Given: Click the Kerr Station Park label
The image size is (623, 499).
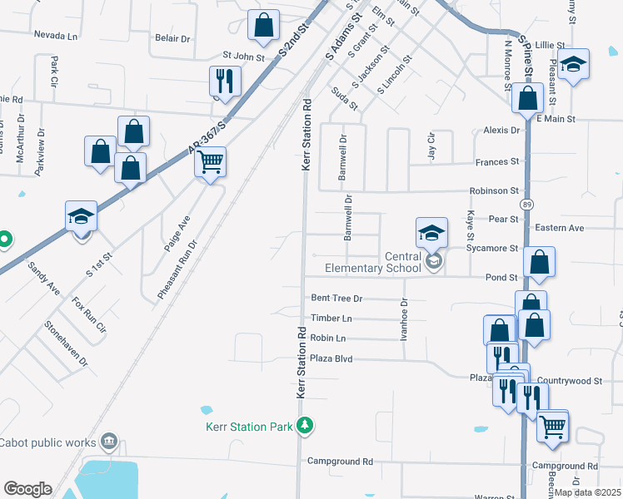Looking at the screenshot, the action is (250, 427).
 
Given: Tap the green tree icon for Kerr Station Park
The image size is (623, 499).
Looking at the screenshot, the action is (306, 427).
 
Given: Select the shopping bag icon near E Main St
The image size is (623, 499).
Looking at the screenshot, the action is (528, 99).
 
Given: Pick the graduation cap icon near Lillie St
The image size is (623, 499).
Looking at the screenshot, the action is (573, 66).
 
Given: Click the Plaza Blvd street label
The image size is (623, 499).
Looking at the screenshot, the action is (331, 358).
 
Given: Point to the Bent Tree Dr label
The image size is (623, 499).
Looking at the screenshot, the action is (336, 298).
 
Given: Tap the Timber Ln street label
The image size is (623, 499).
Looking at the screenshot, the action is (331, 319).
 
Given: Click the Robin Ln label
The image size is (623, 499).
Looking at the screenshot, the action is (327, 338).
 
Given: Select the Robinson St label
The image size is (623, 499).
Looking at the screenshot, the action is (494, 190).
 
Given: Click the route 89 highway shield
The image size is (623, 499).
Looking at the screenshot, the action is (526, 204).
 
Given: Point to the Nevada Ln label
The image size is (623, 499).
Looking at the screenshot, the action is (55, 36).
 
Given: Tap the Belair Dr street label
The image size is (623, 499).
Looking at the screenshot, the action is (173, 38).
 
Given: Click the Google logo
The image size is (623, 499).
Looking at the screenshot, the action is (27, 489).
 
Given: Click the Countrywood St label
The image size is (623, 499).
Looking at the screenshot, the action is (574, 380).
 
